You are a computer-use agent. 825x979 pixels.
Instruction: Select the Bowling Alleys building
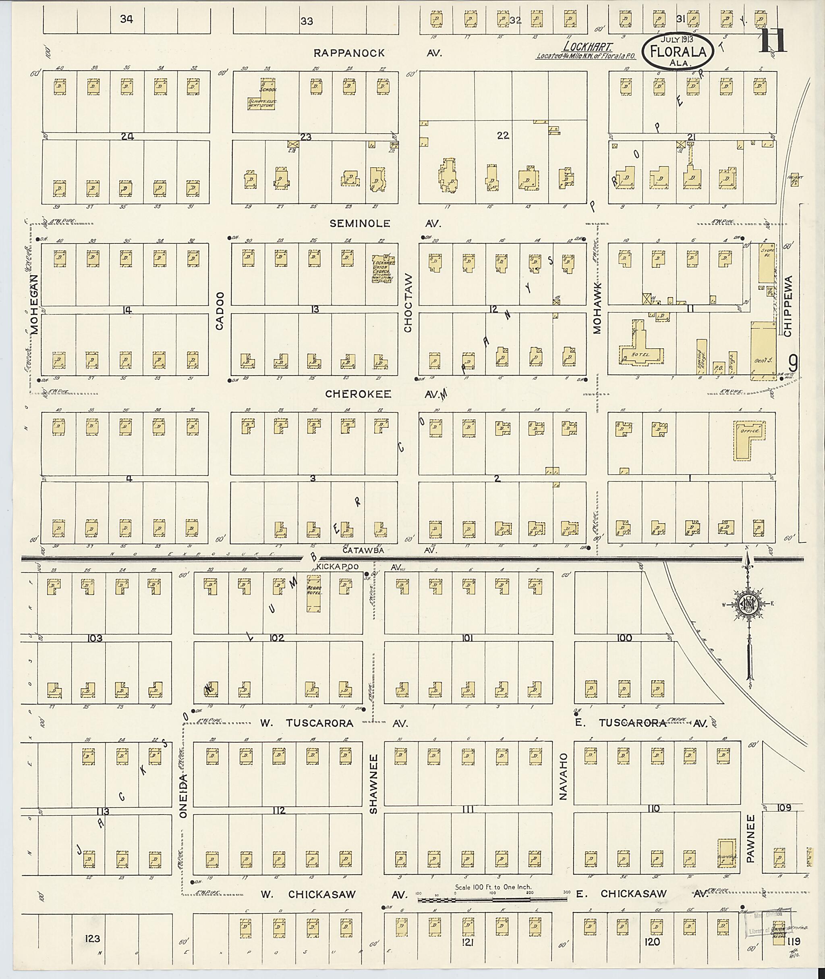point(701,358)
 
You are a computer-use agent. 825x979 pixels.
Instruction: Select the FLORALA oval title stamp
point(677,52)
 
